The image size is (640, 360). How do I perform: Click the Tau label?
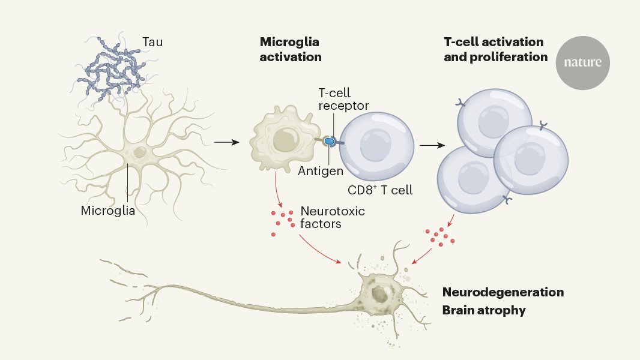pos(152,43)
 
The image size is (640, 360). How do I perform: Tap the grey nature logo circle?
pos(582,62)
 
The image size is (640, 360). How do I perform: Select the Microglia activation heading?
pos(291,50)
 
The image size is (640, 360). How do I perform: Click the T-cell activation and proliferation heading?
pos(495,50)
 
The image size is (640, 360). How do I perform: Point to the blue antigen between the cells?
pos(329,142)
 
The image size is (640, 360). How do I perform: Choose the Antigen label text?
pos(321,171)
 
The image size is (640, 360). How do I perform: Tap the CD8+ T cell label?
pos(380,190)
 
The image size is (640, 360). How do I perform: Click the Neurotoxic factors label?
pos(333,218)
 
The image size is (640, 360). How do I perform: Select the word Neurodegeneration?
pos(503,292)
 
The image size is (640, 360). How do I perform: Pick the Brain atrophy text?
pos(484,310)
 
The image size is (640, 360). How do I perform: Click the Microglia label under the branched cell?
pos(108,211)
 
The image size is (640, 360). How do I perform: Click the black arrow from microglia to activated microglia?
pos(226,142)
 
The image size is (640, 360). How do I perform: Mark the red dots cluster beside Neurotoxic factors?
pos(282,220)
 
